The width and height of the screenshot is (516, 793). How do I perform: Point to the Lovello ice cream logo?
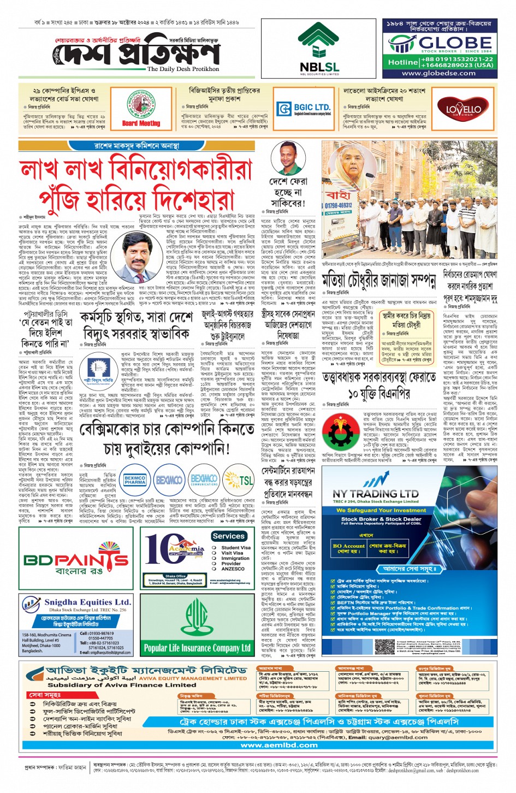(463, 109)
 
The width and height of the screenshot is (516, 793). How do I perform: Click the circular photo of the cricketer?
(288, 157)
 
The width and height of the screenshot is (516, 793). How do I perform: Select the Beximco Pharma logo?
(135, 480)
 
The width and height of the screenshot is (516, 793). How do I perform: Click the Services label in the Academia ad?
(228, 536)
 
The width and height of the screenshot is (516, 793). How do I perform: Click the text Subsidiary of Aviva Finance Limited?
(121, 685)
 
